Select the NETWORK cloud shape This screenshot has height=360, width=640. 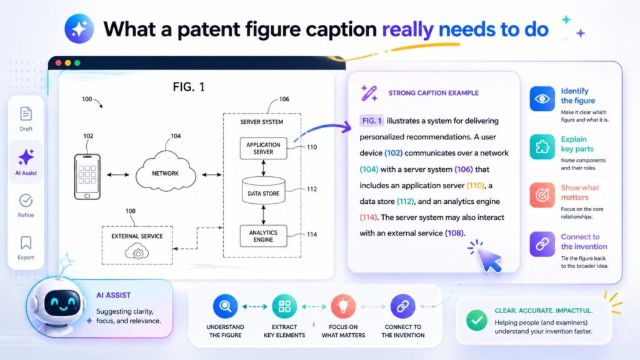[x=166, y=172]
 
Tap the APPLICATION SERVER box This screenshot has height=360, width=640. [x=263, y=148]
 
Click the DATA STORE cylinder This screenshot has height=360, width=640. [x=263, y=192]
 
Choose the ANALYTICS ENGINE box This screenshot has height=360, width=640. [x=263, y=236]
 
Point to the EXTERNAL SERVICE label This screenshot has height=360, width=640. [x=137, y=236]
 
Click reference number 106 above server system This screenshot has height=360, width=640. [x=284, y=99]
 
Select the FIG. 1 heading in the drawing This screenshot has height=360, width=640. [x=189, y=87]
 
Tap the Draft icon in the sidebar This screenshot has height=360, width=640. [x=26, y=114]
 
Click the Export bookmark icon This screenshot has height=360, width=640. [x=26, y=242]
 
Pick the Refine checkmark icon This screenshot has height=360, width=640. [x=26, y=200]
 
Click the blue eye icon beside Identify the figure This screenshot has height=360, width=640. [x=542, y=99]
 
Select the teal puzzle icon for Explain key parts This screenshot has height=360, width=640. [x=542, y=147]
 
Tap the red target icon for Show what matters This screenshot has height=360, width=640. [x=542, y=195]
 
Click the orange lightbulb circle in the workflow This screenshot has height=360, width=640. [x=343, y=306]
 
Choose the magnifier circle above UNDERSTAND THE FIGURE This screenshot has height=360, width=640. [x=225, y=306]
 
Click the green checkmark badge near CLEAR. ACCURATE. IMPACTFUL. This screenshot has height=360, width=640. [x=476, y=321]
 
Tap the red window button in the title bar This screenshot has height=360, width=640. [x=59, y=63]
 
